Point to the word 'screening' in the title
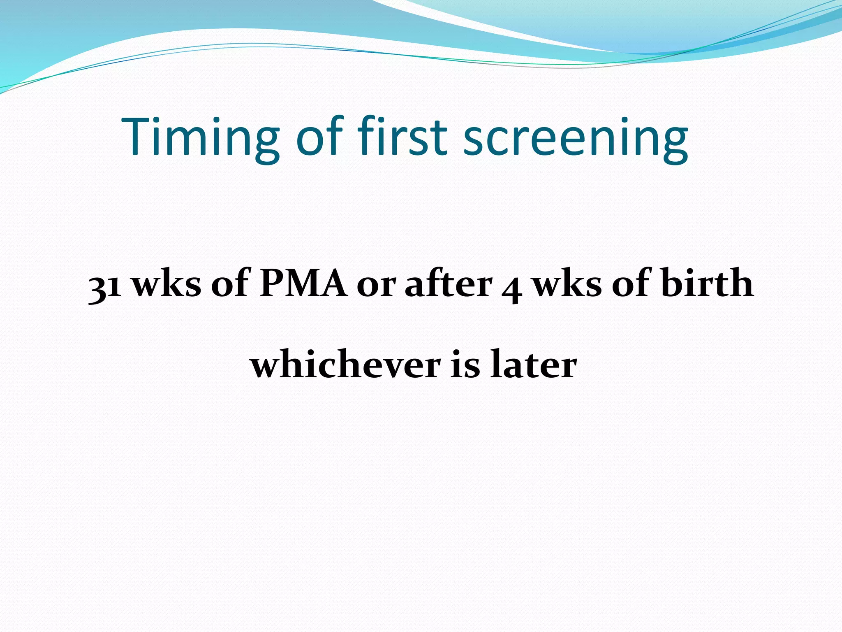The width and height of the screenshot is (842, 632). click(x=576, y=138)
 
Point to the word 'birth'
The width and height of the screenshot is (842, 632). click(x=707, y=283)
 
